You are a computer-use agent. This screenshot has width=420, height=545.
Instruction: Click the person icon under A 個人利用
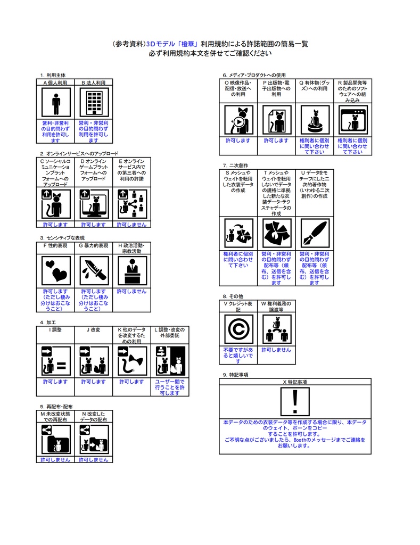coord(56,103)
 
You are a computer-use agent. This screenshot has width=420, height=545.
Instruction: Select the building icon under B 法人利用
coord(94,103)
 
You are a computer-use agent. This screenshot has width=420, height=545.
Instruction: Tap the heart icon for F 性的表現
coord(56,270)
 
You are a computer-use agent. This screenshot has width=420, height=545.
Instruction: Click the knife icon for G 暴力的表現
coord(94,270)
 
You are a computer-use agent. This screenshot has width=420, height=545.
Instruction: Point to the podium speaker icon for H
coord(131,270)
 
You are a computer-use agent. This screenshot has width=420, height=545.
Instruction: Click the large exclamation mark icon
coord(295,401)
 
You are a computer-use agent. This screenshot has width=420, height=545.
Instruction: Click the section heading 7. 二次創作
coord(235,166)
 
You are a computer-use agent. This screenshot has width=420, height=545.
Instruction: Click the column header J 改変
coord(94,330)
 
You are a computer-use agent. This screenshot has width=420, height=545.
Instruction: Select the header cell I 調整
coord(56,330)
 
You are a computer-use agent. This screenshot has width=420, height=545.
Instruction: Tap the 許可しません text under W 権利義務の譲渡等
coord(276,350)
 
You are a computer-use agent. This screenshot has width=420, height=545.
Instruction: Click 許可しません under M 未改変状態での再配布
coord(56,459)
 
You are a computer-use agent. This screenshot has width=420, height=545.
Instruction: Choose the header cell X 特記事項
coord(295,382)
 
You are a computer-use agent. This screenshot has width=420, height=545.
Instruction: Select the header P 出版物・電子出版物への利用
coord(276,88)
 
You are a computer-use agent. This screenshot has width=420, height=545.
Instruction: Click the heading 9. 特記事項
coord(235,375)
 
